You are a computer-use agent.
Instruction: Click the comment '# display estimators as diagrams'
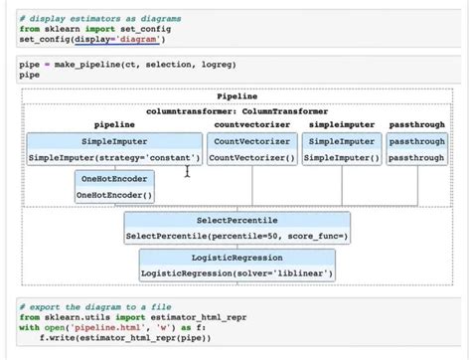(86, 18)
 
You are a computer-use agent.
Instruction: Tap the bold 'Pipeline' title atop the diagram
(235, 97)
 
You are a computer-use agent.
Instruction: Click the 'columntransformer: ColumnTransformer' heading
(236, 111)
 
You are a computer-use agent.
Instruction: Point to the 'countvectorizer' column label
(251, 126)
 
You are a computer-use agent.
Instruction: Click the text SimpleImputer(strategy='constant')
(113, 158)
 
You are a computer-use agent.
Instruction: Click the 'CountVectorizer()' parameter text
(252, 158)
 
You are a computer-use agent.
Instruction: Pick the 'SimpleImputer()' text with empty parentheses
(342, 158)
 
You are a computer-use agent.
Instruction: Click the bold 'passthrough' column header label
(416, 126)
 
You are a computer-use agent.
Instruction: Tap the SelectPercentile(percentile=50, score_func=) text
(236, 237)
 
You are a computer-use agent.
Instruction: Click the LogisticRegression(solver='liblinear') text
(236, 272)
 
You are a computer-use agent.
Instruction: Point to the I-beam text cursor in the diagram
(188, 173)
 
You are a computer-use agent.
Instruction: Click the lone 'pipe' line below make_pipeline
(30, 75)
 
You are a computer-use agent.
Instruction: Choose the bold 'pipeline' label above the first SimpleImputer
(113, 126)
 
